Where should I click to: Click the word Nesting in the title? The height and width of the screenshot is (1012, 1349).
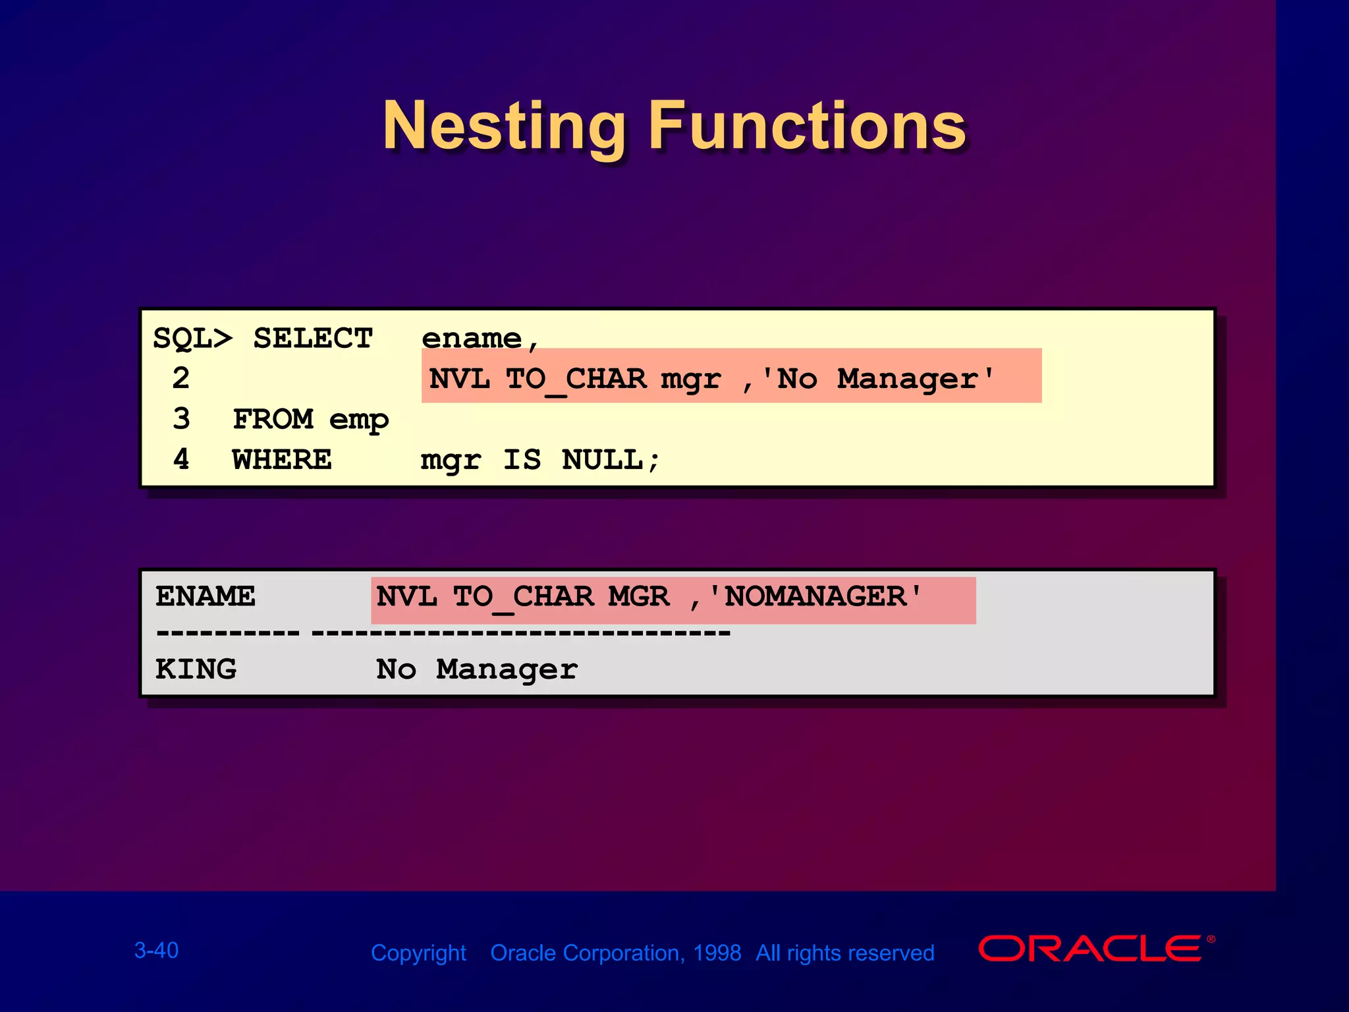[504, 126]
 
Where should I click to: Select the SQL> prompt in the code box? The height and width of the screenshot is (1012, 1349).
[192, 339]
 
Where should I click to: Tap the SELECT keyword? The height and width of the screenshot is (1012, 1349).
[313, 339]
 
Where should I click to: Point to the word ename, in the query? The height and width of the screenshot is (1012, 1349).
[480, 339]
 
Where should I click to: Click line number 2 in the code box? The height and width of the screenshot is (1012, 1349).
[181, 379]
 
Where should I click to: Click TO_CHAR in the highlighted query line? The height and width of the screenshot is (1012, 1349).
[576, 379]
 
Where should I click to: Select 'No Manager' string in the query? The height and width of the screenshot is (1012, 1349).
[877, 379]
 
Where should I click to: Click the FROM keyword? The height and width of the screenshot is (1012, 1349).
[273, 420]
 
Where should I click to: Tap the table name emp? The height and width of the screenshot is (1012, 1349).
[359, 420]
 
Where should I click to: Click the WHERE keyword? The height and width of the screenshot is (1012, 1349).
[282, 460]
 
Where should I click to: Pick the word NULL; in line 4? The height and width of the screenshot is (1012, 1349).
[611, 460]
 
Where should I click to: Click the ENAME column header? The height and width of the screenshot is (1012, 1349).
[206, 597]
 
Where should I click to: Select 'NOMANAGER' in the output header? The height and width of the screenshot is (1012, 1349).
[815, 597]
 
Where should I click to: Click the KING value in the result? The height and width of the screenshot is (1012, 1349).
[196, 670]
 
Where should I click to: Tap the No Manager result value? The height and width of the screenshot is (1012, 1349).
[477, 670]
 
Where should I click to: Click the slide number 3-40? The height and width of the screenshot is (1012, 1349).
[156, 950]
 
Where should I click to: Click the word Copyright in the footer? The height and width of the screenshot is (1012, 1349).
[418, 953]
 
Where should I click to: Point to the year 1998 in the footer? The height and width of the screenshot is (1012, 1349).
[717, 953]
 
